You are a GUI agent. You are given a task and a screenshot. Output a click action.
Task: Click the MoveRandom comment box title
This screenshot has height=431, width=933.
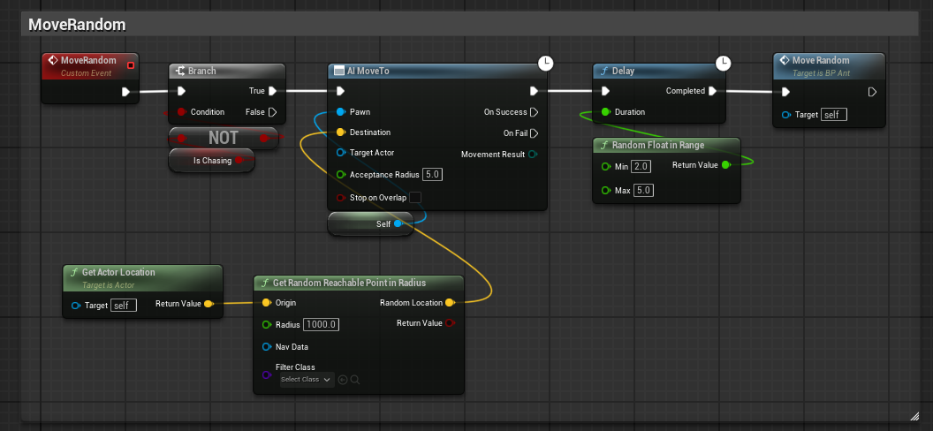(78, 25)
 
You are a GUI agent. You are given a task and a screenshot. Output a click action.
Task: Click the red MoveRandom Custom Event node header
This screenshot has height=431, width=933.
(90, 65)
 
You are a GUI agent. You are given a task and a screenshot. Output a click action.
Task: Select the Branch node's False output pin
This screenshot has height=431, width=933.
(272, 112)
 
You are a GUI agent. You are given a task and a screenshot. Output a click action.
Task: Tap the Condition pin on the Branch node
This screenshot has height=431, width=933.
(181, 112)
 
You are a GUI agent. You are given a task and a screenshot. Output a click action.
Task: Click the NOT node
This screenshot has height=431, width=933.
(224, 138)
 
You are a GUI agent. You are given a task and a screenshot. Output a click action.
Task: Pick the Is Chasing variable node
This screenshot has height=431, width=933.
(212, 161)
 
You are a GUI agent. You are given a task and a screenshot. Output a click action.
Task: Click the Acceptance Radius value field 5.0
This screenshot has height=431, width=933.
(433, 175)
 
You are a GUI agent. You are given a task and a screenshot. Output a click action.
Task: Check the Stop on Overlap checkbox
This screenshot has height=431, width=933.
(415, 197)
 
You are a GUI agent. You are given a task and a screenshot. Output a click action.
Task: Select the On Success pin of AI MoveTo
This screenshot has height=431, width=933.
(534, 112)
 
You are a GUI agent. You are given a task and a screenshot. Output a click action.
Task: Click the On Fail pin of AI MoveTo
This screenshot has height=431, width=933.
(534, 132)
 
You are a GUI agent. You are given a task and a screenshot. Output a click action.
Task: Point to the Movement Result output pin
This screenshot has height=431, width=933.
(533, 155)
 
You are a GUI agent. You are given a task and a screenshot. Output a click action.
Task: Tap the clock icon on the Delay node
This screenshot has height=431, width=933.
(723, 63)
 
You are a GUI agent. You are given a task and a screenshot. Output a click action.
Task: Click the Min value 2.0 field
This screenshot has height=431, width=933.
(641, 166)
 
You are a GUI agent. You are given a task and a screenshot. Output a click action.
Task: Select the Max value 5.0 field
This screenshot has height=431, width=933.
(642, 190)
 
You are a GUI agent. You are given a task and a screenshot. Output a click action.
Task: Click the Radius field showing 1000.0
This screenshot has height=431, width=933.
(322, 325)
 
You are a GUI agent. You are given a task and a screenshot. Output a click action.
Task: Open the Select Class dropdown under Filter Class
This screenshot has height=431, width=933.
(307, 379)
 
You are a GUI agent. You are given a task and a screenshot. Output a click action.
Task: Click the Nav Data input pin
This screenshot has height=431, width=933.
(266, 346)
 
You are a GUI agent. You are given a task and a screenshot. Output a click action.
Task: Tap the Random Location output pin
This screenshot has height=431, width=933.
(450, 303)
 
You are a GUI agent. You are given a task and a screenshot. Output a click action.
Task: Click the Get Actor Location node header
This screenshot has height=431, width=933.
(143, 277)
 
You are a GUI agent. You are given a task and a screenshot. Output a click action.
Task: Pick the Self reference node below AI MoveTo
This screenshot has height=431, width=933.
(370, 223)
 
